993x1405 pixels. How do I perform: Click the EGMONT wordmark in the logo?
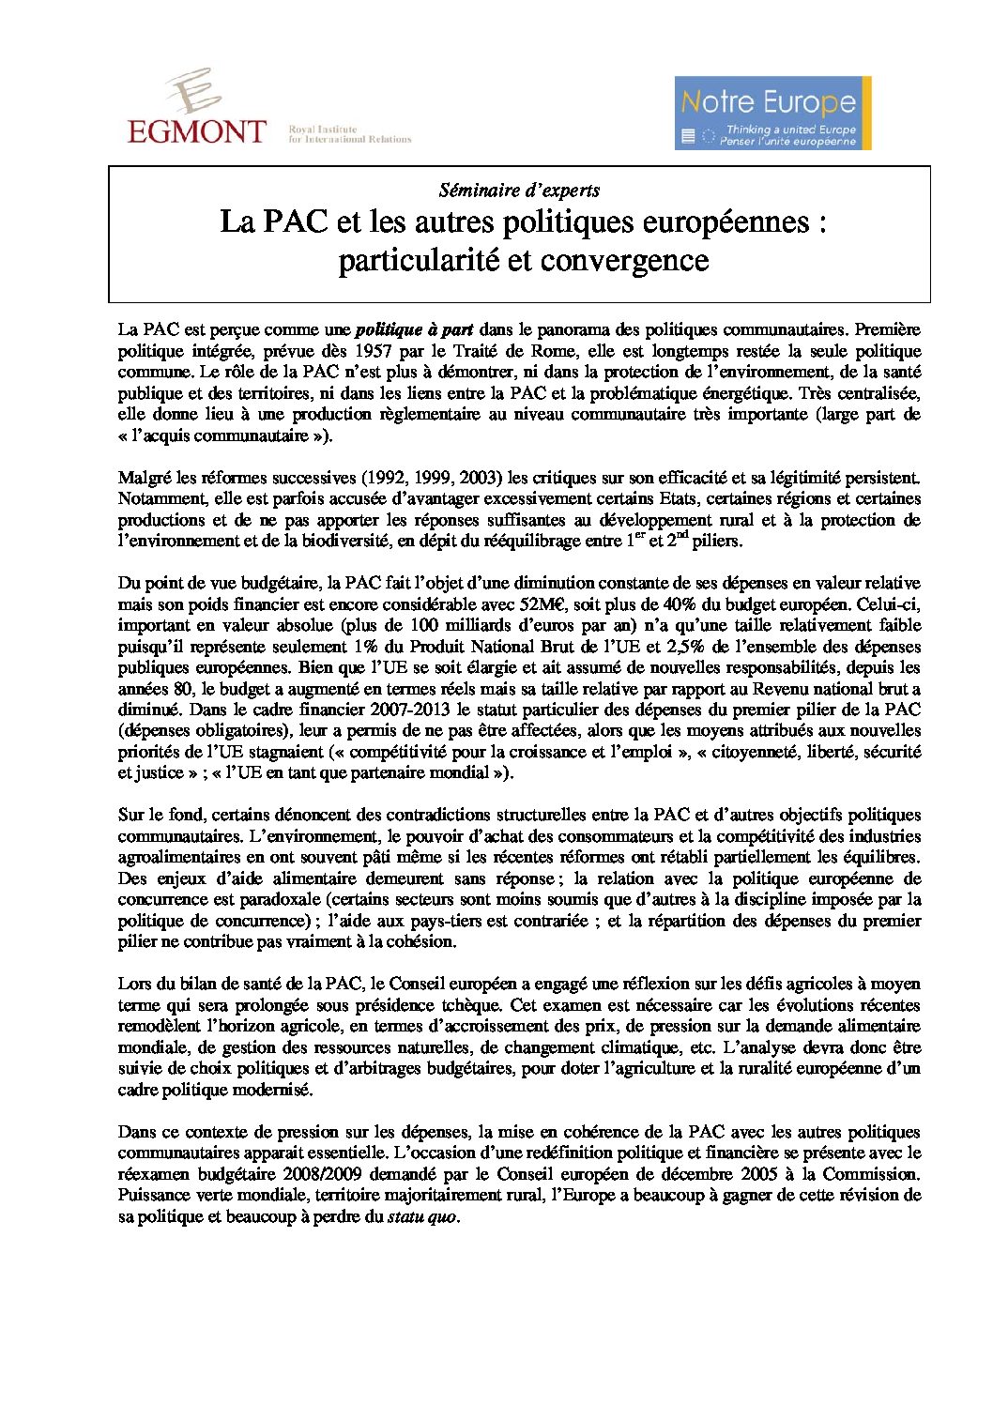[196, 131]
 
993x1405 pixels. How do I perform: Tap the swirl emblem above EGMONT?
[194, 91]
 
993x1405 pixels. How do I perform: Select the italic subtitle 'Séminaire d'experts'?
[519, 190]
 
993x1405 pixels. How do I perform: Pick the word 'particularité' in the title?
[419, 260]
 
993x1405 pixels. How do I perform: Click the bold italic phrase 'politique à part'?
[414, 329]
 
